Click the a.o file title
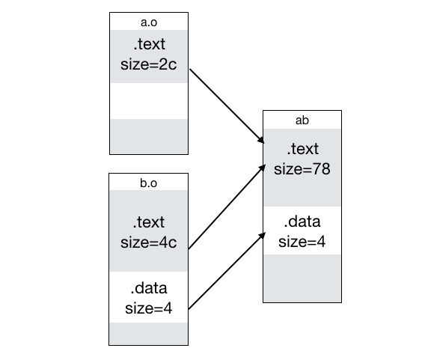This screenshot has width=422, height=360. point(149,22)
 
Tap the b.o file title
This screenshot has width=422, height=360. point(149,183)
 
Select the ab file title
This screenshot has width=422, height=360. point(302,120)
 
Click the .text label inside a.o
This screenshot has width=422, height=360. point(149,44)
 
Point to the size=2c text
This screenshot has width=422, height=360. point(149,64)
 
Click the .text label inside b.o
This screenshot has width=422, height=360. point(149,222)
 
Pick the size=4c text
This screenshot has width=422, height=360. point(149,242)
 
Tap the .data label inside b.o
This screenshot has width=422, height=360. point(149,288)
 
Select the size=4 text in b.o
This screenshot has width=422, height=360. point(149,308)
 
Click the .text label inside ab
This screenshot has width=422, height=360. point(303,149)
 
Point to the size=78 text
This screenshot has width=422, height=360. point(302,169)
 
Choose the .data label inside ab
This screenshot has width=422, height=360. point(302,222)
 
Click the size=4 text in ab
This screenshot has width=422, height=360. point(302,242)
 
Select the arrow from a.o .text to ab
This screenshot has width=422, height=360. point(227,106)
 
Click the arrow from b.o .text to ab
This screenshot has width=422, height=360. point(227,207)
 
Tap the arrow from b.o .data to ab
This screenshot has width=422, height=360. point(227,271)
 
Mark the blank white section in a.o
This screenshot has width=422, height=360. point(149,101)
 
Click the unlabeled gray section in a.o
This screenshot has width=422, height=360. point(149,136)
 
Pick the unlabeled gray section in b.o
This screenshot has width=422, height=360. point(149,333)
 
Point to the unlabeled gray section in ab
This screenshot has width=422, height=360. point(302,278)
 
